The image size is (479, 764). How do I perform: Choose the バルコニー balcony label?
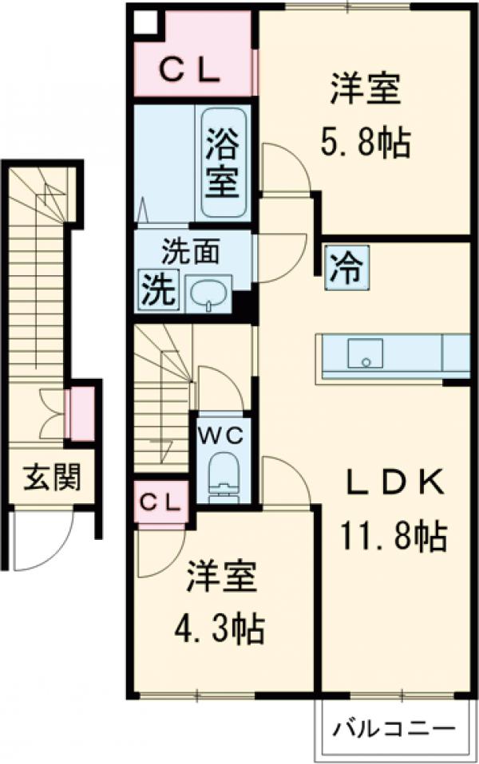click(x=394, y=728)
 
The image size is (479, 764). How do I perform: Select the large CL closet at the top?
click(x=192, y=70)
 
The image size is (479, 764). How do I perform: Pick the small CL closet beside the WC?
click(x=161, y=502)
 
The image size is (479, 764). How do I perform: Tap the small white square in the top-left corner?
click(x=145, y=22)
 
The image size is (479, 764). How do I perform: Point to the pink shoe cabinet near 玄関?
click(x=81, y=413)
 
